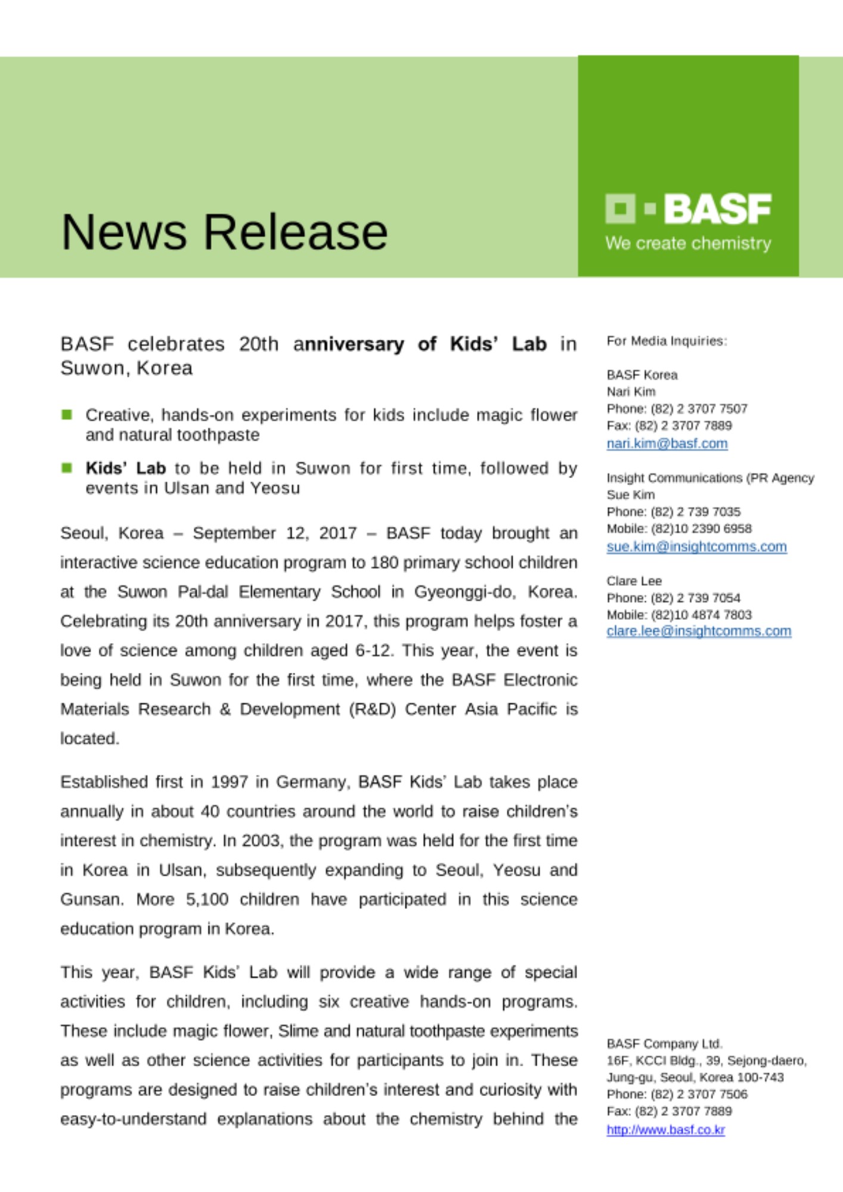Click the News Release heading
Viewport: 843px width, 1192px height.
224,232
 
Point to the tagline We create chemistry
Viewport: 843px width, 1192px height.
688,244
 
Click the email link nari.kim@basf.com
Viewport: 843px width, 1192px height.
667,443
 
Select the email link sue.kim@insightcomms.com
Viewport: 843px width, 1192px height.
696,547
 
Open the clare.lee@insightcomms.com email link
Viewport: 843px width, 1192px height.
699,631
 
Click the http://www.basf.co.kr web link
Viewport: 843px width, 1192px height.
665,1129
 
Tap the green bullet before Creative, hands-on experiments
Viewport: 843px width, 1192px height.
67,414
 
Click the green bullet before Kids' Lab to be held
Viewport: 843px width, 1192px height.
67,468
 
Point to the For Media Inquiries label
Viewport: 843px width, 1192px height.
667,341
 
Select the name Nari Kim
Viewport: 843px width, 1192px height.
631,392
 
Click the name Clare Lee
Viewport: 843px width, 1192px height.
634,581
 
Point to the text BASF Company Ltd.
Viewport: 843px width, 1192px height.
664,1044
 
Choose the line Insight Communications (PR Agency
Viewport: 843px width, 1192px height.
709,478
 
